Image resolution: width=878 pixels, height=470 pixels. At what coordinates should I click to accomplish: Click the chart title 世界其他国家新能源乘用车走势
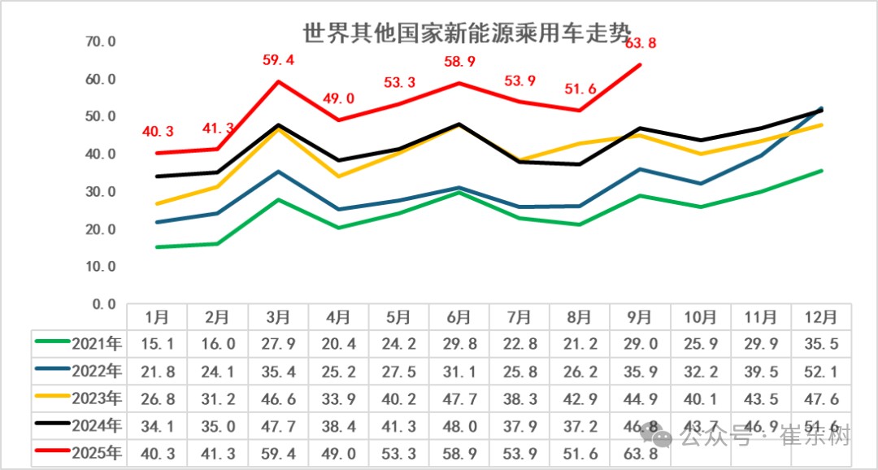[x=466, y=34]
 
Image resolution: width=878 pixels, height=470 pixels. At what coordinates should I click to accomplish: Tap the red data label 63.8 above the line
[x=641, y=43]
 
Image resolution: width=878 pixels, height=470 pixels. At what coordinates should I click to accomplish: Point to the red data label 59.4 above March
[x=279, y=59]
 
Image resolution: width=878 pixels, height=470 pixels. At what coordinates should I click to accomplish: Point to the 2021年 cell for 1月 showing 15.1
[x=157, y=343]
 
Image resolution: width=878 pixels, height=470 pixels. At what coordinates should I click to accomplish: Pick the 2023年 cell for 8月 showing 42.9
[x=579, y=398]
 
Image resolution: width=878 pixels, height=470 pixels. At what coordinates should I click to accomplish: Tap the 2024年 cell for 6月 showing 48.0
[x=459, y=426]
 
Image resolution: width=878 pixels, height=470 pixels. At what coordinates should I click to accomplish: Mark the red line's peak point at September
[x=640, y=65]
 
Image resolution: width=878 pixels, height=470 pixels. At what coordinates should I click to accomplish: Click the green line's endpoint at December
[x=822, y=171]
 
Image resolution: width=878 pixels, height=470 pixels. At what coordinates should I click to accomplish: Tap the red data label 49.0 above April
[x=339, y=98]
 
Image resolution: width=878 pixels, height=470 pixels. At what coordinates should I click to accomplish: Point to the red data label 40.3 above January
[x=158, y=131]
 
